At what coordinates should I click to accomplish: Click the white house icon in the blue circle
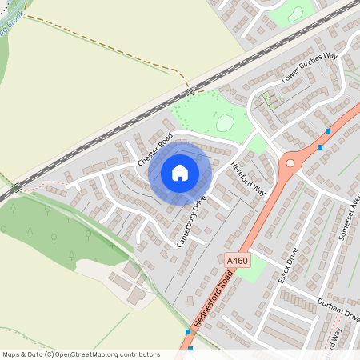(180, 172)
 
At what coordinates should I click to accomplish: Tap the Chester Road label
(154, 150)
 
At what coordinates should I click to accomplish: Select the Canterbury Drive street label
(191, 221)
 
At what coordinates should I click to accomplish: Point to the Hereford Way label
(247, 178)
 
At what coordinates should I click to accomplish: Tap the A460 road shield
(237, 261)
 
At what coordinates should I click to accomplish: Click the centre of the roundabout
(290, 162)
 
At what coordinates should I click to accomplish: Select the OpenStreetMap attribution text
(80, 354)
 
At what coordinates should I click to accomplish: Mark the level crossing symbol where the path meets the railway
(190, 93)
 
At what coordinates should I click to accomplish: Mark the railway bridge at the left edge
(17, 189)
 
